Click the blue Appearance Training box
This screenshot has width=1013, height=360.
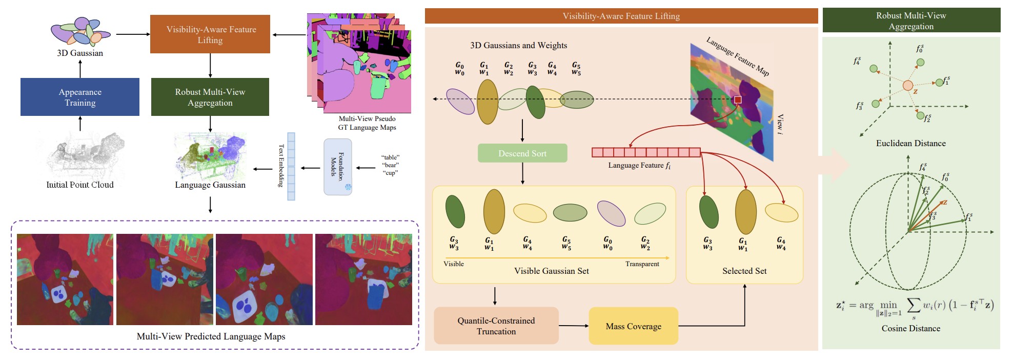click(x=80, y=97)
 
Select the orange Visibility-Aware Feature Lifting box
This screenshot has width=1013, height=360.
click(x=210, y=34)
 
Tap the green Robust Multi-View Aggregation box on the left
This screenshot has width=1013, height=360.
click(x=210, y=97)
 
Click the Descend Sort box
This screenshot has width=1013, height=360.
click(x=522, y=153)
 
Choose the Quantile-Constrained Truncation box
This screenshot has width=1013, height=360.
click(x=496, y=326)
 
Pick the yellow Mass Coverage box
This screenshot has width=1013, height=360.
click(x=633, y=326)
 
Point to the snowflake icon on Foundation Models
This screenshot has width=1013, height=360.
click(x=348, y=188)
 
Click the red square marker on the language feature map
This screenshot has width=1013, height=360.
click(x=738, y=99)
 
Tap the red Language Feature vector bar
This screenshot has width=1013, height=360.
click(x=646, y=152)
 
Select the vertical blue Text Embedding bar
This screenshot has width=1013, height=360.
click(x=291, y=166)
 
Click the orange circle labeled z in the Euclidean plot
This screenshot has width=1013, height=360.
click(x=907, y=86)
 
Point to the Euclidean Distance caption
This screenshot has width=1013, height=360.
click(x=910, y=143)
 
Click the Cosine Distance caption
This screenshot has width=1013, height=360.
click(x=910, y=328)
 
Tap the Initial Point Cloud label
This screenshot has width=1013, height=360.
click(x=80, y=185)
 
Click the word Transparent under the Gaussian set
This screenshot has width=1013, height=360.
click(x=642, y=264)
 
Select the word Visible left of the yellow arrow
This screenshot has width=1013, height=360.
click(x=454, y=264)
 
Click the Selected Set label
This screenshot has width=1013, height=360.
click(x=744, y=271)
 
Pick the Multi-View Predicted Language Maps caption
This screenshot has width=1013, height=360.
click(x=211, y=336)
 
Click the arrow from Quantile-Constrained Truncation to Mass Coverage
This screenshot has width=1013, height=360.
click(x=574, y=326)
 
